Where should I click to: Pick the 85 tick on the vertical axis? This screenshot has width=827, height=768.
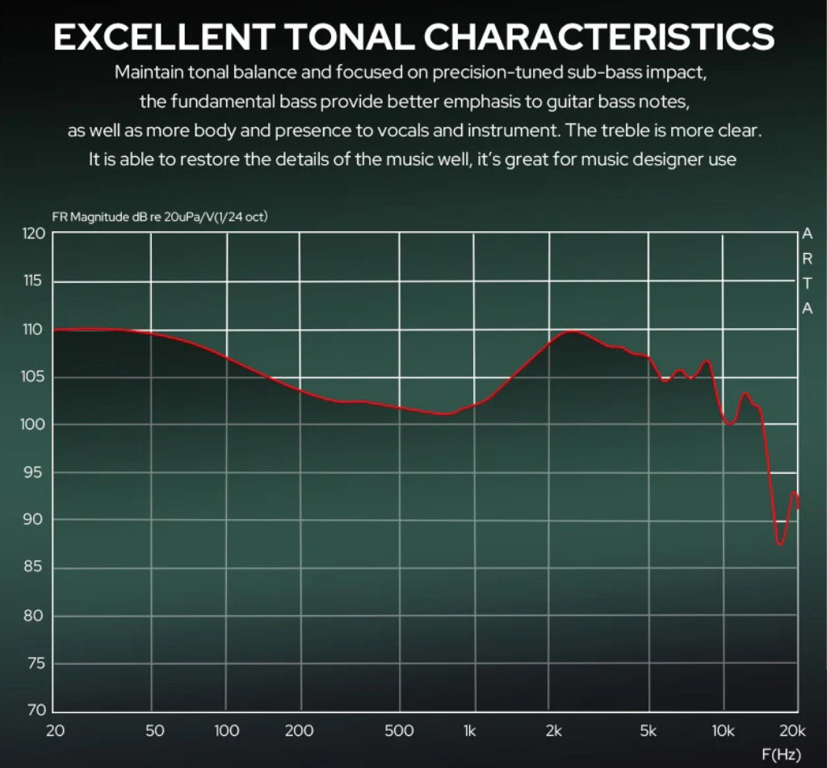point(33,568)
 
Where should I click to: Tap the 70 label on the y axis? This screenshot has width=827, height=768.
point(33,711)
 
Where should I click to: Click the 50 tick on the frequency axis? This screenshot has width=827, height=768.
point(154,732)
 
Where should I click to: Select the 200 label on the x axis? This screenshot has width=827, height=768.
point(300,732)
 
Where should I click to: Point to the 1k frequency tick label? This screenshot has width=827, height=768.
point(469,732)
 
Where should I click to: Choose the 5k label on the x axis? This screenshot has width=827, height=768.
point(648,732)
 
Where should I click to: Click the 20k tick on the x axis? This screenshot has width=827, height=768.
point(792,732)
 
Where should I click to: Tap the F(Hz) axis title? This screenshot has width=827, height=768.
point(781,756)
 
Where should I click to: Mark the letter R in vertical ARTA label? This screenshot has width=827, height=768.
point(807,259)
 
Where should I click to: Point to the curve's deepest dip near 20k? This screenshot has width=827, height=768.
point(780,543)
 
